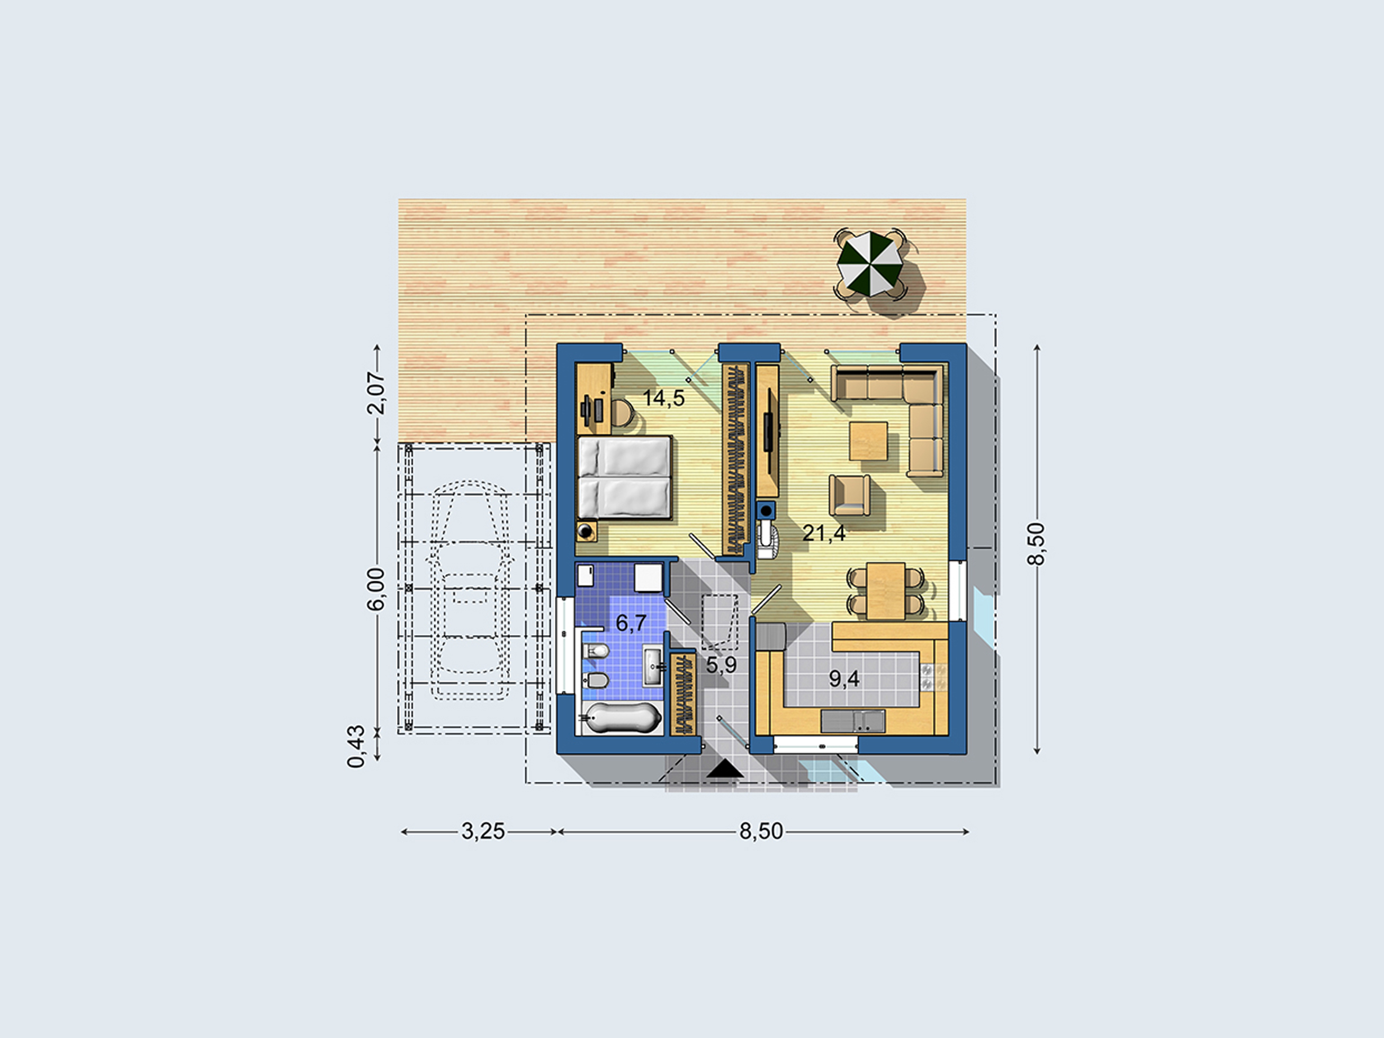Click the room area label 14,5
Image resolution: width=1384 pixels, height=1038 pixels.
coord(663,398)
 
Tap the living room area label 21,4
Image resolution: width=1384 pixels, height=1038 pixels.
coord(824,533)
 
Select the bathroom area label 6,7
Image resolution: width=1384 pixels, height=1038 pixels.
coord(631,622)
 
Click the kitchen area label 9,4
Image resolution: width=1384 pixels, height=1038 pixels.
coord(844,678)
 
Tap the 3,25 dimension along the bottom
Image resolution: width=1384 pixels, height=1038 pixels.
coord(482,831)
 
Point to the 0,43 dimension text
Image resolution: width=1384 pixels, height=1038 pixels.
coord(356,746)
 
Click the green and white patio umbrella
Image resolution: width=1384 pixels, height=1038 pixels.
coord(870,264)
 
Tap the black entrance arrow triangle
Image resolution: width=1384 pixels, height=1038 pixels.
coord(725,769)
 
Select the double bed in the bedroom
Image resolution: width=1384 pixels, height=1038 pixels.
coord(624,477)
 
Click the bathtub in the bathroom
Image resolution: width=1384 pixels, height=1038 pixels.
coord(622,717)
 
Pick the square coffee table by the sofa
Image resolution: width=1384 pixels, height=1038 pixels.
coord(868,441)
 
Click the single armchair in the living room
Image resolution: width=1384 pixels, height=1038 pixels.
coord(850,495)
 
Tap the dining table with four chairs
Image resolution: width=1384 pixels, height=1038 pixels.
coord(885,590)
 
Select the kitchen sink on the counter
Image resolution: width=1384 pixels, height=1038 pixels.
coord(853,721)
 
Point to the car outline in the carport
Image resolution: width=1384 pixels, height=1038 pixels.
coord(469,589)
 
